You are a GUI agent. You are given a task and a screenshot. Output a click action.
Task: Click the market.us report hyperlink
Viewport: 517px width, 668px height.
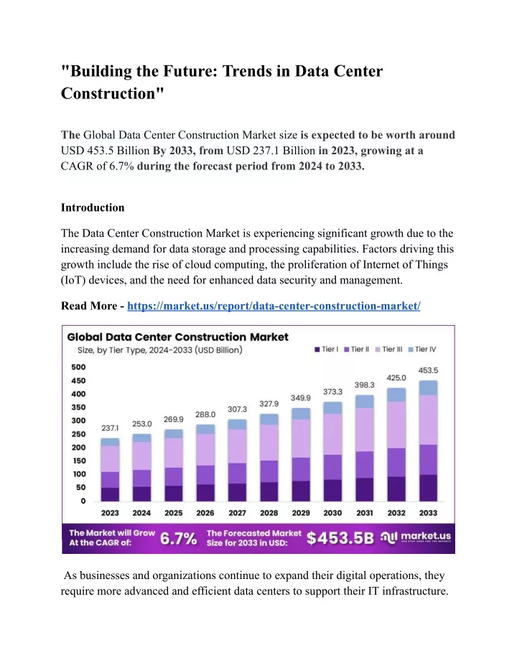point(274,306)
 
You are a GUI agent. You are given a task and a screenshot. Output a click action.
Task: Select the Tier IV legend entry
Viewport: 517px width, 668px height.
point(422,349)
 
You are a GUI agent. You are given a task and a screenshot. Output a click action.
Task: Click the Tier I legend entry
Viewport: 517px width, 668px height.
point(327,349)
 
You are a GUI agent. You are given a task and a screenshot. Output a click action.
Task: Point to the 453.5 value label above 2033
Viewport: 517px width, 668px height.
point(428,371)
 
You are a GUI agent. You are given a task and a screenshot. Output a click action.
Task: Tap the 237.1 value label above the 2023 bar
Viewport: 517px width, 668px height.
point(110,428)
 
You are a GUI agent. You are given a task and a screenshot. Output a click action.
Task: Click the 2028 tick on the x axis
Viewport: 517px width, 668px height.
point(269,513)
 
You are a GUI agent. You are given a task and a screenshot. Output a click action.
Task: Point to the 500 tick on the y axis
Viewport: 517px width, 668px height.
point(78,367)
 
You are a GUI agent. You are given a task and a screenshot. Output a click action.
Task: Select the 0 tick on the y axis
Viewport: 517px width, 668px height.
point(83,501)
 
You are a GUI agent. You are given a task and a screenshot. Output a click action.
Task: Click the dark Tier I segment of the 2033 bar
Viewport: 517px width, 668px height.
point(429,488)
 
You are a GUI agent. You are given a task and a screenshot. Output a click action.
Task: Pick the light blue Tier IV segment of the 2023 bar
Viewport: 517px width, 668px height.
point(110,442)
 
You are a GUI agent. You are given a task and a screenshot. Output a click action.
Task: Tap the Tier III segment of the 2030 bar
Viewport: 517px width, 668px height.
point(332,434)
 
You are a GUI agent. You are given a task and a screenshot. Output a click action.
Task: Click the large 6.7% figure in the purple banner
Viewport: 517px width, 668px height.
point(179,538)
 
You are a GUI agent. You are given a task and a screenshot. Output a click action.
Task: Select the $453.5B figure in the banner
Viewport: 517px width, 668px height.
point(340,538)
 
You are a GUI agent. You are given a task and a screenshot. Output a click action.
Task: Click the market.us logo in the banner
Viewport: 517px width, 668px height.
point(415,537)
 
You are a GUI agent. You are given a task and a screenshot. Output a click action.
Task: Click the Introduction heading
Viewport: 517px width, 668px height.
point(93,207)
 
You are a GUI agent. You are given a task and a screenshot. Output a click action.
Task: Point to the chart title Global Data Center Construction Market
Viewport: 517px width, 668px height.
point(178,337)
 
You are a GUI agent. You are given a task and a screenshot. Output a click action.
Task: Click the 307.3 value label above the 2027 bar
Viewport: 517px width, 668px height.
point(237,409)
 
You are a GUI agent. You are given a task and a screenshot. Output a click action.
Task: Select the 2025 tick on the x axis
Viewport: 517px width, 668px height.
point(174,513)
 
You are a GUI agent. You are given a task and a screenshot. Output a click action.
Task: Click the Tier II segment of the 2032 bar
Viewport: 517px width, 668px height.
point(396,462)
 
